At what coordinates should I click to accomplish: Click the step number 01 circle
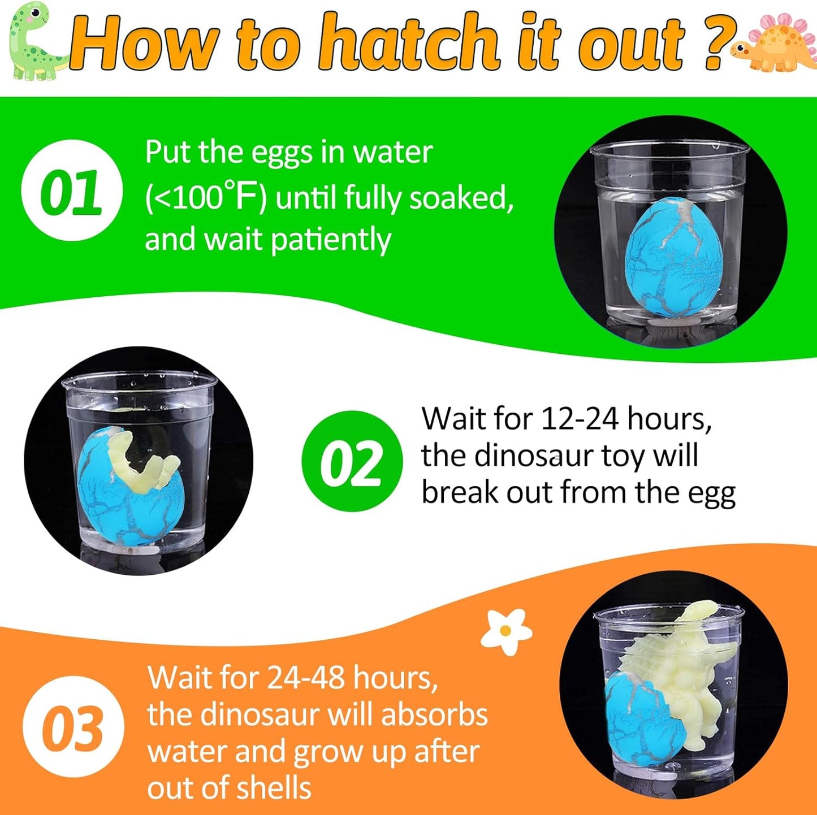pos(72,190)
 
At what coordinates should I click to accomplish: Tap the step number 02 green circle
pos(352,461)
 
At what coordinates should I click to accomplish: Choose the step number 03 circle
pos(74,727)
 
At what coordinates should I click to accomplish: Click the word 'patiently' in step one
pos(331,240)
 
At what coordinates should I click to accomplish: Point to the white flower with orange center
pos(506,631)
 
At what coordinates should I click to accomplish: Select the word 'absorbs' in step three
pos(435,714)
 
